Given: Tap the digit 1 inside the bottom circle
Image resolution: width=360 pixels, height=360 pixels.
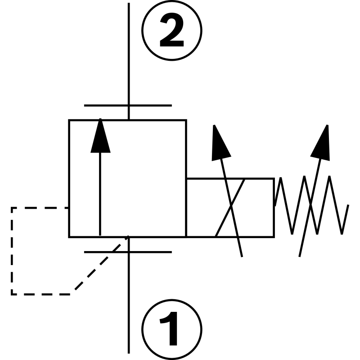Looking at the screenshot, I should (171, 329).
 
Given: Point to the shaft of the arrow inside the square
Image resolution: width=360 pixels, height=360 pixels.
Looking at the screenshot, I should (100, 193).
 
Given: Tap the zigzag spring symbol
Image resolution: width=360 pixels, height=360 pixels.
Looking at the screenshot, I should (310, 205).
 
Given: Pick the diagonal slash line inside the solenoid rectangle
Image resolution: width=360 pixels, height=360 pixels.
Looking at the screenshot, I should (230, 207).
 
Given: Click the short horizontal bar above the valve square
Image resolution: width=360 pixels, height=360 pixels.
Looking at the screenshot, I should (128, 106).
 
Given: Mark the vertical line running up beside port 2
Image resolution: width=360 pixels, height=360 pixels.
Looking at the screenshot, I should (129, 54).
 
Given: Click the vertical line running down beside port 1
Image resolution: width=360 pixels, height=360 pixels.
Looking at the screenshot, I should (129, 306).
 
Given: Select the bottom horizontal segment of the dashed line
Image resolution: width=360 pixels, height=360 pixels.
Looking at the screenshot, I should (40, 294).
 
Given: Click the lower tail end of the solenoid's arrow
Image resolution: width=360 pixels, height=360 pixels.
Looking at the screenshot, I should (242, 255).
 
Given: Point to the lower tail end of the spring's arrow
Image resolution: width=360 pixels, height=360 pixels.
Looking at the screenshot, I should (300, 255).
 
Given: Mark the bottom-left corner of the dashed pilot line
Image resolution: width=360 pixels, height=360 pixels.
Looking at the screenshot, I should (12, 294).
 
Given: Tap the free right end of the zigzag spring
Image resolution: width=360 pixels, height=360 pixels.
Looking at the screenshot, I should (348, 206).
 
